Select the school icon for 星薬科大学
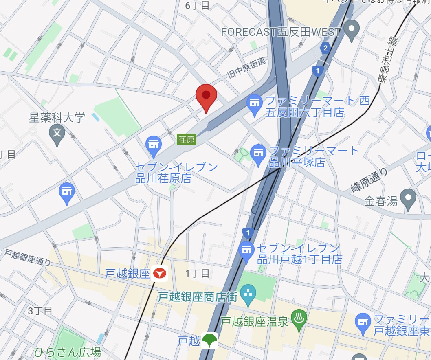pyautogui.click(x=57, y=133)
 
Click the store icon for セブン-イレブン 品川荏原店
pyautogui.click(x=154, y=145)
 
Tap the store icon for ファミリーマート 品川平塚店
pyautogui.click(x=258, y=153)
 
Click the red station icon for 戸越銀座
pyautogui.click(x=160, y=274)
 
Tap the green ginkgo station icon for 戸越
pyautogui.click(x=210, y=340)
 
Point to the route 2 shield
pyautogui.click(x=325, y=48)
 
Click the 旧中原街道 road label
pyautogui.click(x=246, y=68)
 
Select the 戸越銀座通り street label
pyautogui.click(x=28, y=257)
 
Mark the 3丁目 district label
pyautogui.click(x=40, y=311)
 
